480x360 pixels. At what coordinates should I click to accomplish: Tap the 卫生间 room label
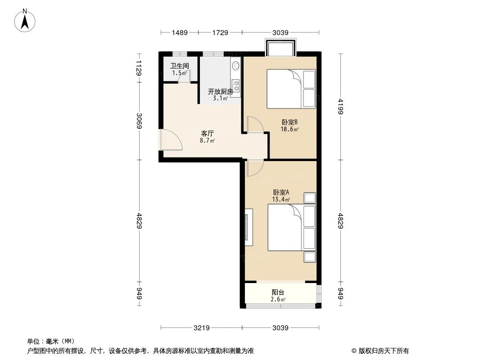[x=179, y=66]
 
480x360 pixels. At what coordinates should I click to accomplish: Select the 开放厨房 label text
[x=220, y=92]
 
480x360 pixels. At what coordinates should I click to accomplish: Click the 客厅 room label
[x=207, y=134]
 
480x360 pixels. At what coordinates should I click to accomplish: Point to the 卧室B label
[x=290, y=122]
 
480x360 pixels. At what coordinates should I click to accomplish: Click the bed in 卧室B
[x=290, y=89]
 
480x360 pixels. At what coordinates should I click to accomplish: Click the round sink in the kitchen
[x=235, y=66]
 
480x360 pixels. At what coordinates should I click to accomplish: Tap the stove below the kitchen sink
[x=235, y=84]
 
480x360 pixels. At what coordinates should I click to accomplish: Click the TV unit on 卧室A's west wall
[x=247, y=228]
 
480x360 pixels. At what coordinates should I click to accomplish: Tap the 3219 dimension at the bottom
[x=202, y=328]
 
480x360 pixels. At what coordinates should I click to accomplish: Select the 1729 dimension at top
[x=220, y=32]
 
